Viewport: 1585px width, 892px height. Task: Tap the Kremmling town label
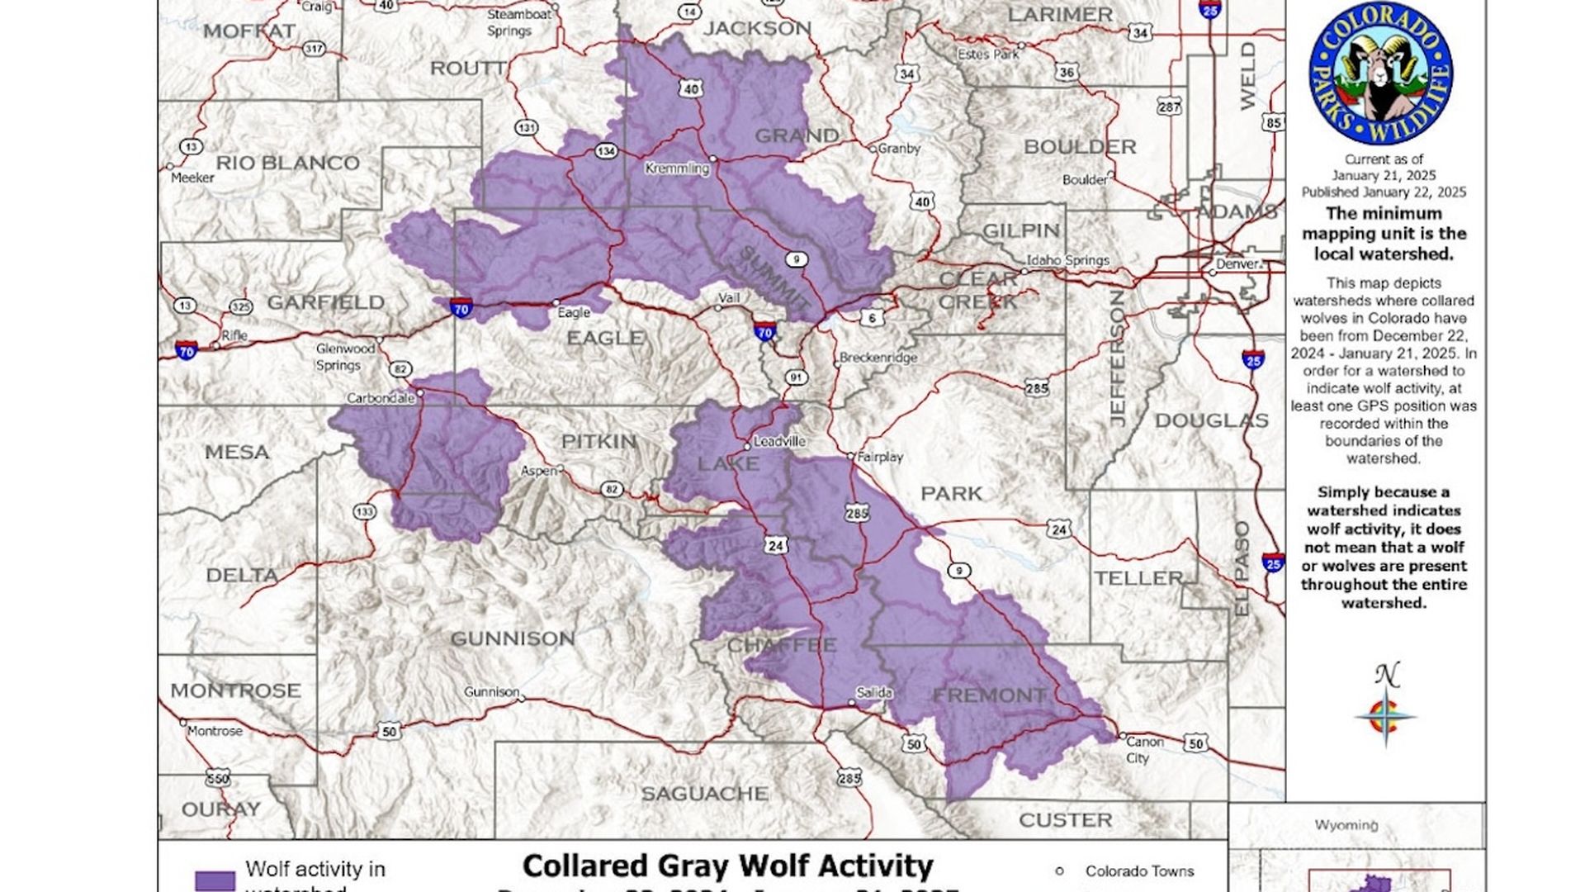(x=676, y=168)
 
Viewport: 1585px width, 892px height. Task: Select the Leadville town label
(x=779, y=441)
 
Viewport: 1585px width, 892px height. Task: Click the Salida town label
(x=874, y=692)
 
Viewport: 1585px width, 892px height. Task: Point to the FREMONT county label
(x=989, y=695)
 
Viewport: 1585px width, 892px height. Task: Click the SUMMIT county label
(x=773, y=278)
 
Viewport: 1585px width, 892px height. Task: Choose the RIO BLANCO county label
(x=287, y=163)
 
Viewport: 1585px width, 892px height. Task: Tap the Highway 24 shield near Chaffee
(x=774, y=545)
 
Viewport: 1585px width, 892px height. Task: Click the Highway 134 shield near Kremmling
(x=606, y=151)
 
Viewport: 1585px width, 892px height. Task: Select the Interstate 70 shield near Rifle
(x=187, y=350)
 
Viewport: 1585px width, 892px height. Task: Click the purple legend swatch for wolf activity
(x=215, y=880)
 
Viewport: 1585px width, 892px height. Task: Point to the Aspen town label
(x=538, y=471)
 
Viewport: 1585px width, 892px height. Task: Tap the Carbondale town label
(x=380, y=398)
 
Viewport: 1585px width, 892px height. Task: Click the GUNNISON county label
(x=512, y=638)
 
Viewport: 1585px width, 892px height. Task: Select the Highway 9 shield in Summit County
(x=795, y=259)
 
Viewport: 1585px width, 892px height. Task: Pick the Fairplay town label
(x=880, y=457)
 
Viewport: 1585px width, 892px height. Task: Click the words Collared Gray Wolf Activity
(x=727, y=866)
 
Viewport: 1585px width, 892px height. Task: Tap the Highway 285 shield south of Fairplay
(x=857, y=514)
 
